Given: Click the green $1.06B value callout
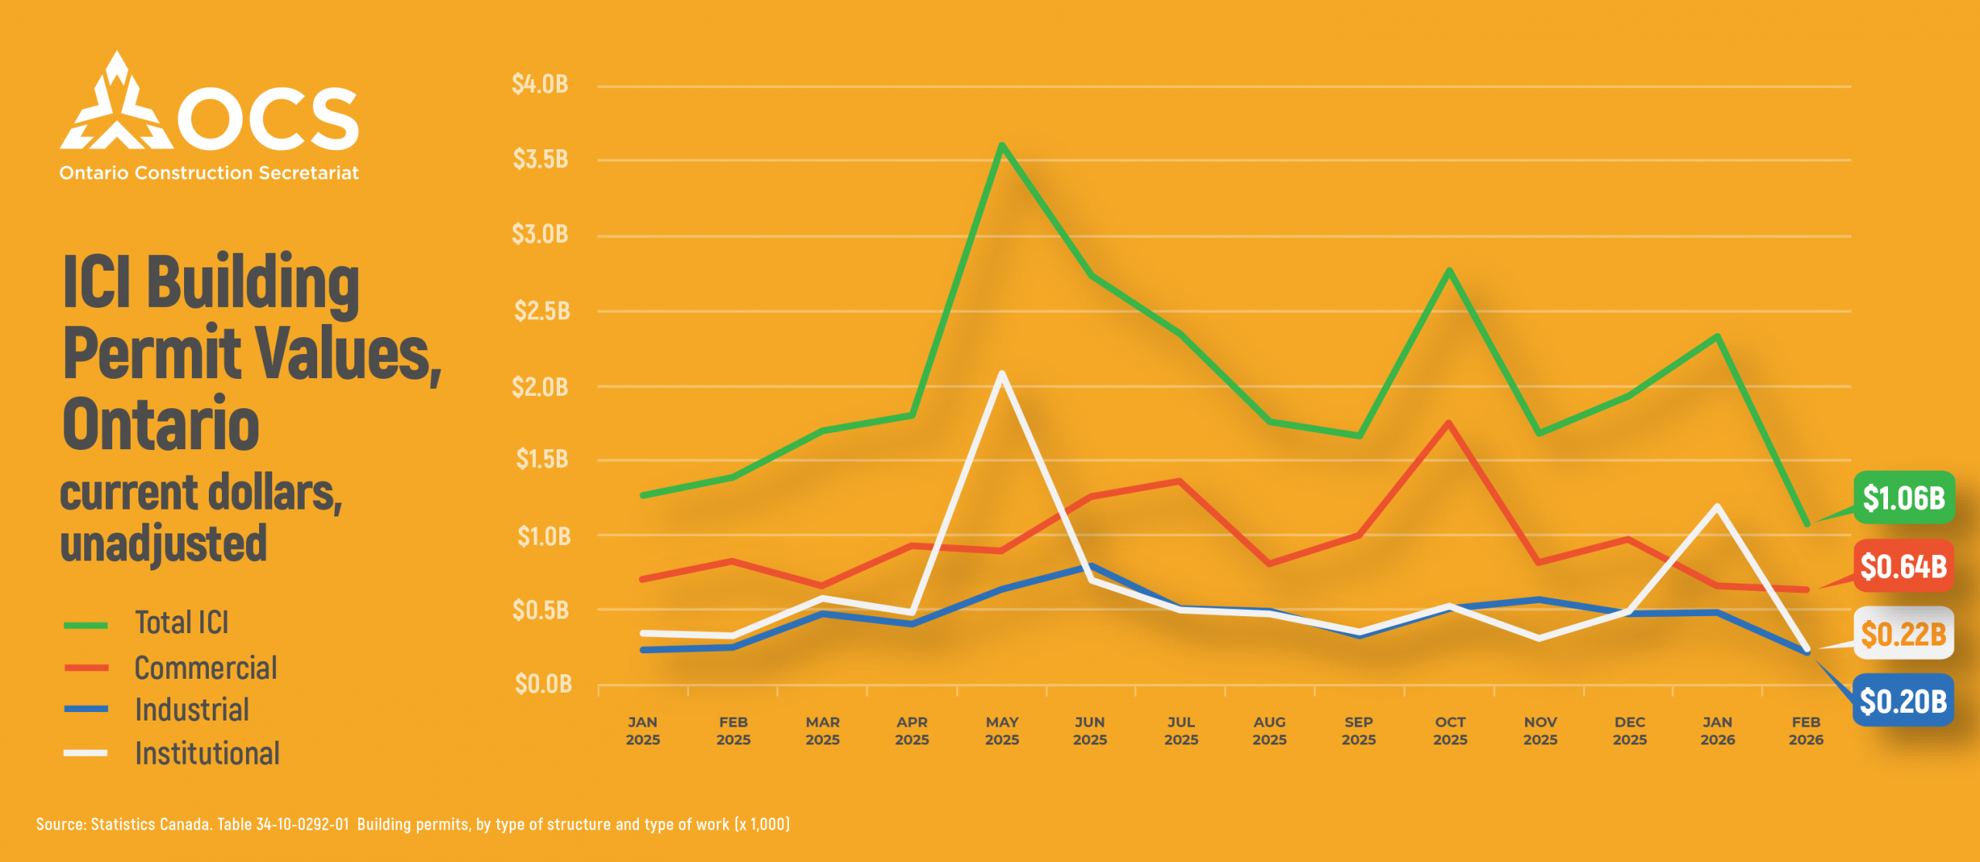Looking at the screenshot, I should click(x=1903, y=498).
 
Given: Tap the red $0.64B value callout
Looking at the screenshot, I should click(x=1903, y=566).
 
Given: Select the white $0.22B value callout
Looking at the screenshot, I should click(x=1903, y=634).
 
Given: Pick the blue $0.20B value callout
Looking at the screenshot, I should click(x=1903, y=701).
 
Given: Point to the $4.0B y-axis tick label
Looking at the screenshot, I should click(x=540, y=84).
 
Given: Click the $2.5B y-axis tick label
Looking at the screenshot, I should click(x=541, y=311).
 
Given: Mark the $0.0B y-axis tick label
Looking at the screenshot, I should click(x=543, y=684).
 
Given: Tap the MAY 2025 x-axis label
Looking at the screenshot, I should click(x=1002, y=731).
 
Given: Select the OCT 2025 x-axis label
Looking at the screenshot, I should click(x=1450, y=731).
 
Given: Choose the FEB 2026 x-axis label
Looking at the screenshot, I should click(x=1806, y=731).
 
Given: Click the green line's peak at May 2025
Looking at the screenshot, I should click(x=1002, y=145).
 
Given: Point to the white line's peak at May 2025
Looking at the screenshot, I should click(x=1002, y=374).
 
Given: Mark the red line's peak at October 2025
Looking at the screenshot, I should click(x=1449, y=423).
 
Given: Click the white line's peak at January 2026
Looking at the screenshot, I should click(x=1717, y=506).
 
